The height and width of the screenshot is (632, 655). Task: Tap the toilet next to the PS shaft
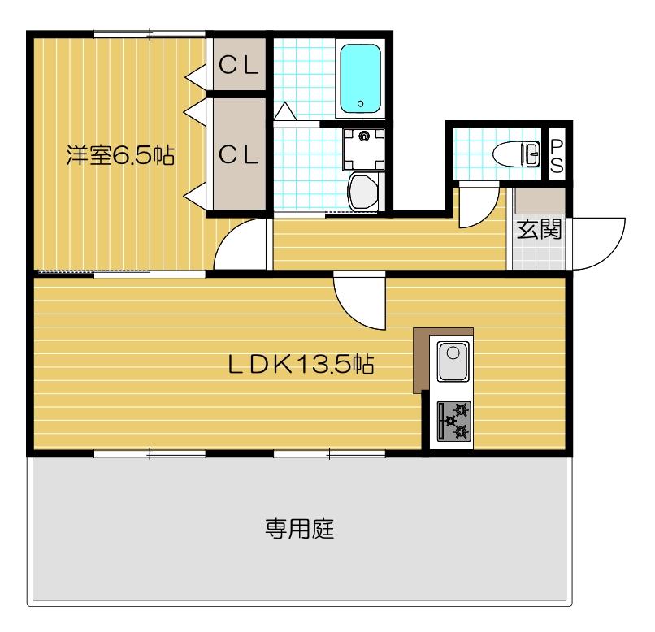coord(517,152)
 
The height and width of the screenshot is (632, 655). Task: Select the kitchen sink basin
coord(451,361)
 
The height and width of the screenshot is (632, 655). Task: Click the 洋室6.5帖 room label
coord(120,155)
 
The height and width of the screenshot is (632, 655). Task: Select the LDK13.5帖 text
coord(300,365)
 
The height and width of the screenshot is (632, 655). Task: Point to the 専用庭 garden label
coord(300,530)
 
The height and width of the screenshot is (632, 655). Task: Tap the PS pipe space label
coord(557,154)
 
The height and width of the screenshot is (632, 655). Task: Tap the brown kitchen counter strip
coord(421,357)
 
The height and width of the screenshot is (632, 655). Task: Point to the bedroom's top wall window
coord(150,33)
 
